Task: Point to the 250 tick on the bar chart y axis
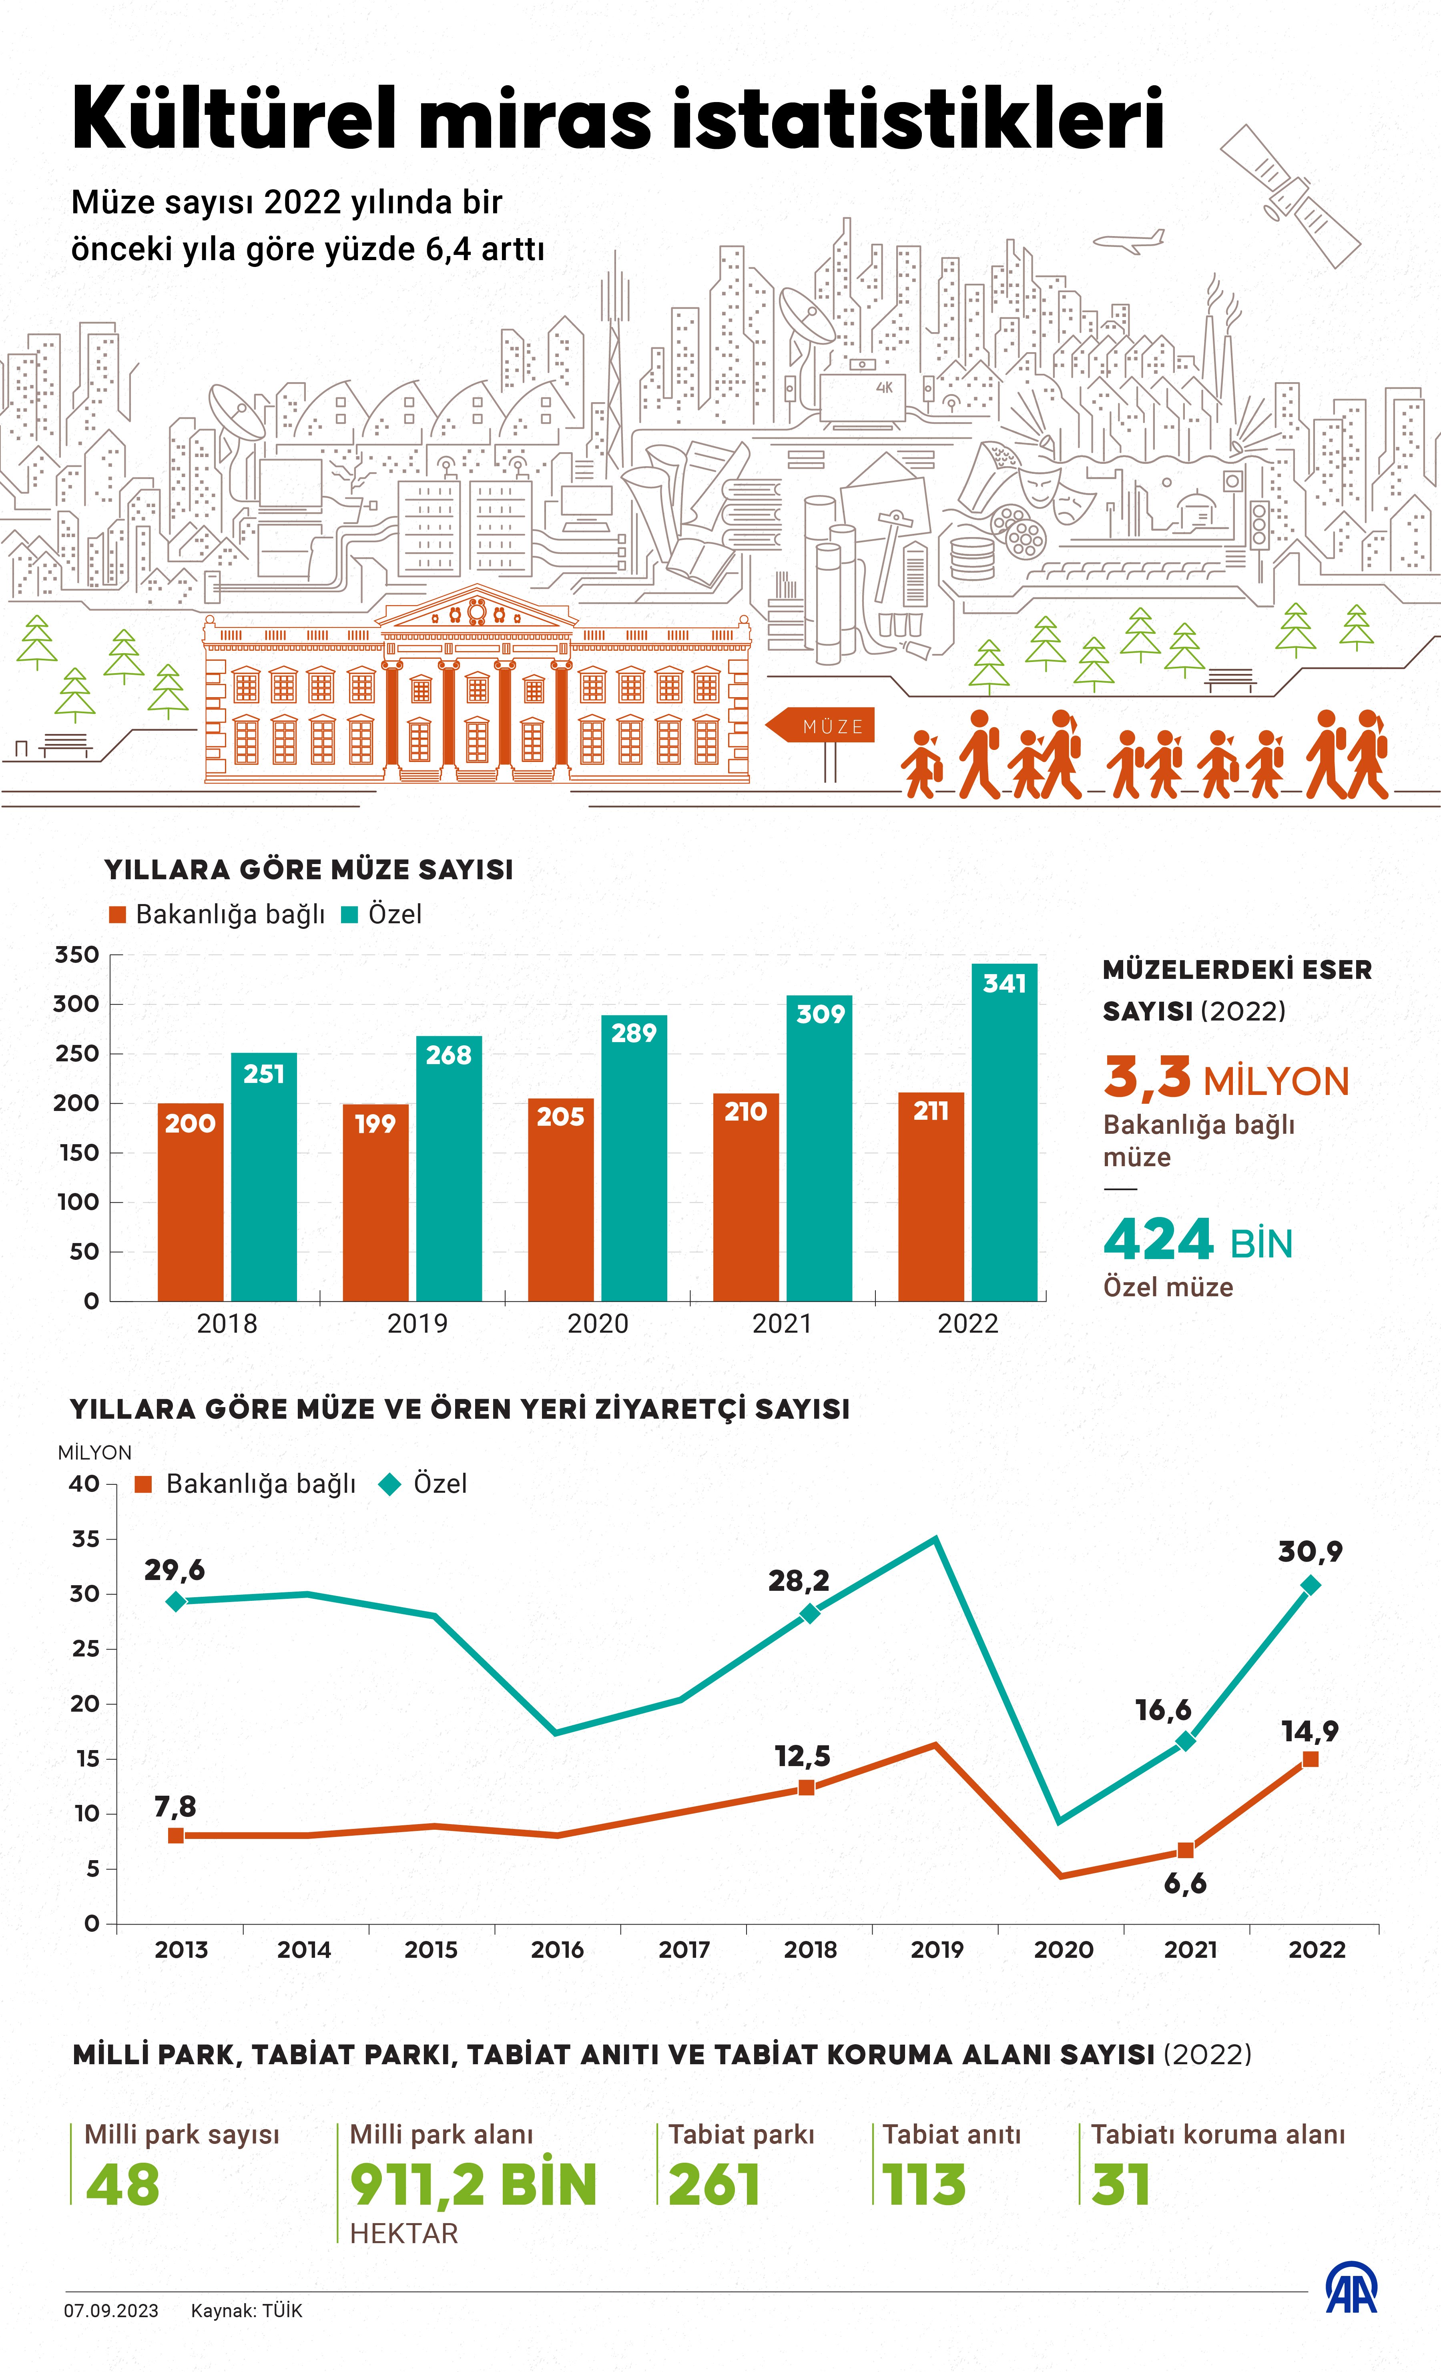coord(77,1053)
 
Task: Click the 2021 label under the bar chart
coord(782,1323)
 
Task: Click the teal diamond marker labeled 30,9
coord(1310,1586)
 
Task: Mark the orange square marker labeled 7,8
coord(176,1836)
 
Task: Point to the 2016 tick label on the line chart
coord(557,1950)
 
